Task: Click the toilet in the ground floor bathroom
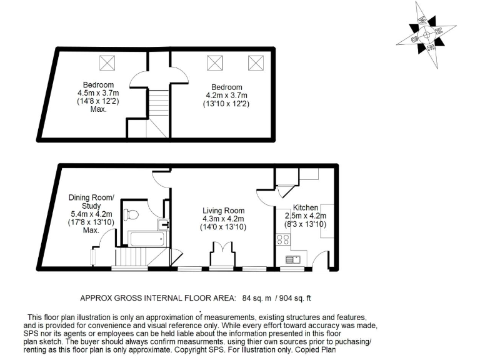pyautogui.click(x=130, y=214)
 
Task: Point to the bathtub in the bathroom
pyautogui.click(x=146, y=238)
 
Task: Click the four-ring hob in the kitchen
pyautogui.click(x=282, y=239)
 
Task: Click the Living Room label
pyautogui.click(x=223, y=211)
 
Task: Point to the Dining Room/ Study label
pyautogui.click(x=92, y=202)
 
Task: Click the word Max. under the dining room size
pyautogui.click(x=92, y=230)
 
